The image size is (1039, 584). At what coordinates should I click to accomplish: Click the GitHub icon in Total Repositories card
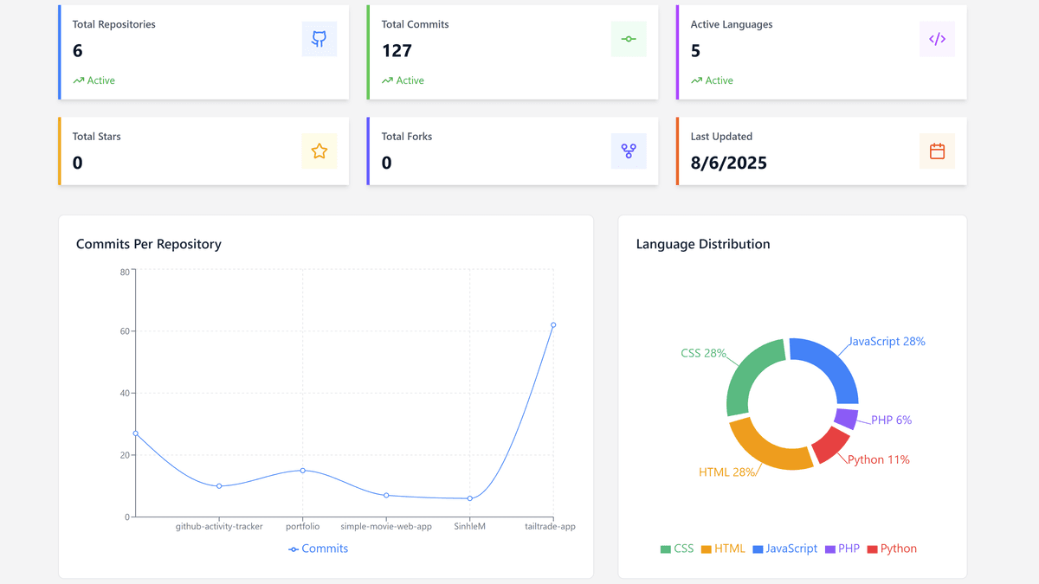click(319, 39)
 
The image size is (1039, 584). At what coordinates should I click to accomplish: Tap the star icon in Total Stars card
click(319, 151)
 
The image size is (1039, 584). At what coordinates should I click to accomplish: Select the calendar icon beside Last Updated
click(937, 151)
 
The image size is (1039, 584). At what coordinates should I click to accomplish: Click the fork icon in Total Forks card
click(629, 151)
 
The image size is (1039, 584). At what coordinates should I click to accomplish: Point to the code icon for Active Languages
click(937, 39)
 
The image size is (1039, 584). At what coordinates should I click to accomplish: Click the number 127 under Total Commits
click(397, 51)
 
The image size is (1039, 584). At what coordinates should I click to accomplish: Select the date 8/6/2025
click(728, 163)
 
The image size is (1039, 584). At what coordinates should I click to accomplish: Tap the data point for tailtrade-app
click(553, 325)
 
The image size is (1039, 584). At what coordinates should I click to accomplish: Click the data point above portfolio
click(303, 471)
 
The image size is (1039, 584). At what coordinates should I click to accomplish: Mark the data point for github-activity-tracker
click(219, 486)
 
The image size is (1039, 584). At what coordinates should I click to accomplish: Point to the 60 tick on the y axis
click(124, 331)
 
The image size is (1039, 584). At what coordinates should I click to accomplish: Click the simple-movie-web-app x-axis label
click(386, 526)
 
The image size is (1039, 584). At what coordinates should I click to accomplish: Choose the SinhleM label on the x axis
click(470, 526)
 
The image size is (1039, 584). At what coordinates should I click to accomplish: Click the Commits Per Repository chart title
click(149, 244)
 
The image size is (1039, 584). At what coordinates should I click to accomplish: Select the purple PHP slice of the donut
click(846, 418)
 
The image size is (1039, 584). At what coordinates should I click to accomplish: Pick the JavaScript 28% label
click(886, 342)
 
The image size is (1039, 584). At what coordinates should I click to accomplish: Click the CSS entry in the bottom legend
click(677, 549)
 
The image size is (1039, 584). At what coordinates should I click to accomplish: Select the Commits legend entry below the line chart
click(319, 549)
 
